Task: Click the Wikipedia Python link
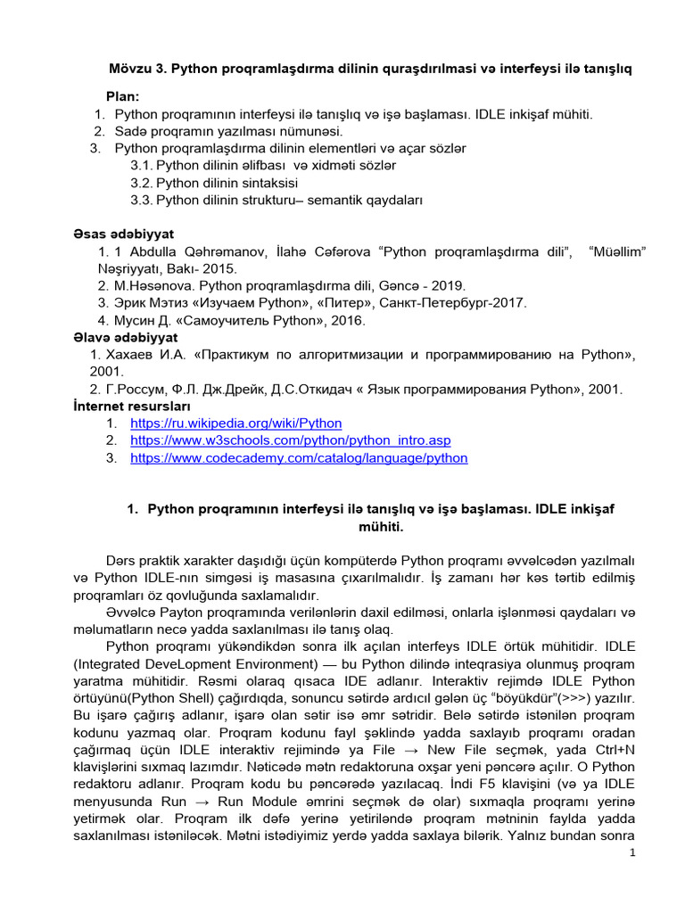tap(235, 424)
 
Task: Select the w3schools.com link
tap(290, 440)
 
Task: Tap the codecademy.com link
tap(299, 458)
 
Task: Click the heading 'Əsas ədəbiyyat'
tap(117, 234)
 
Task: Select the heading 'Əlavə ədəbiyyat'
tap(125, 337)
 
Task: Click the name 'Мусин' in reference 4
tap(133, 320)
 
